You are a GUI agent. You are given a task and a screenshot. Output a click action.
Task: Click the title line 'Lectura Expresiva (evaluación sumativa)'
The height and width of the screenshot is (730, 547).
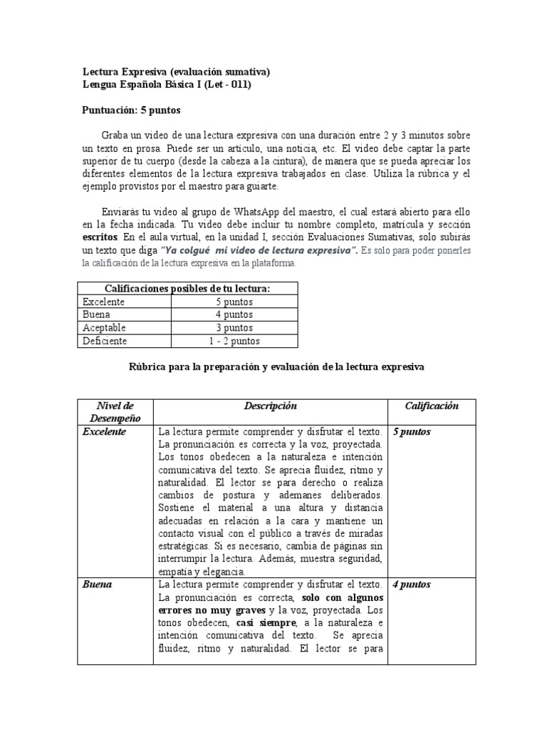[x=175, y=72]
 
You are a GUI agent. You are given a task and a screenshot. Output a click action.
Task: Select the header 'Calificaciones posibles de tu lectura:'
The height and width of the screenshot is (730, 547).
[x=187, y=289]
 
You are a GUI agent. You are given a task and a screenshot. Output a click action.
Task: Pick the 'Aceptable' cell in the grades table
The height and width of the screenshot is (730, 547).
[x=105, y=328]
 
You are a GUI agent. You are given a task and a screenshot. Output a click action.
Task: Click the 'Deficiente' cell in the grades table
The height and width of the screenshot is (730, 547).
[x=105, y=341]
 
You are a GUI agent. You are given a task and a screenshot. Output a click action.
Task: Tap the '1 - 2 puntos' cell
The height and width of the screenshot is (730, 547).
[x=234, y=341]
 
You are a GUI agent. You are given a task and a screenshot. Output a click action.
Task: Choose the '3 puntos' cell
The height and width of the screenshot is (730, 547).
[x=234, y=328]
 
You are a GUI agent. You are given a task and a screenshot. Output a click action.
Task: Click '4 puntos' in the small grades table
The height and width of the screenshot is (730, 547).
[x=234, y=315]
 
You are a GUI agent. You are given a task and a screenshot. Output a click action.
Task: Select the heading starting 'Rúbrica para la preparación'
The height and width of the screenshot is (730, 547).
[x=276, y=366]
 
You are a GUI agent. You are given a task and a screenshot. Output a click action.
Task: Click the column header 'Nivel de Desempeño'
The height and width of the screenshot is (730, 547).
[x=114, y=412]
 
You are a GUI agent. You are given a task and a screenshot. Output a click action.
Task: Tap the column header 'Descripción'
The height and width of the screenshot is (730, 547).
[x=270, y=406]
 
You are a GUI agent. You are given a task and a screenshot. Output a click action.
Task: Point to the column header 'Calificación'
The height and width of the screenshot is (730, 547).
[x=432, y=406]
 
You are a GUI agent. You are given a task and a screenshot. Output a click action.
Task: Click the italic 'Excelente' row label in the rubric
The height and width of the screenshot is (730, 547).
[x=104, y=432]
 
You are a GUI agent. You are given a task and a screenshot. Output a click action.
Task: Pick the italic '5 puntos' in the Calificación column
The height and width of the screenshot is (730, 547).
[x=412, y=432]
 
